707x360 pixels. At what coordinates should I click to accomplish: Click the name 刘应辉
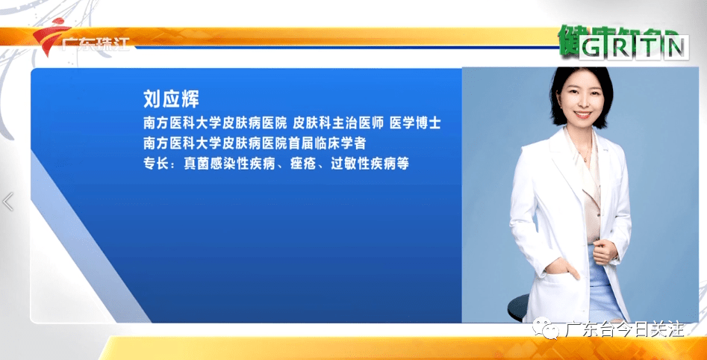172,100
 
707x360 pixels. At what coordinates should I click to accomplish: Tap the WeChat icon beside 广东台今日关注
554,329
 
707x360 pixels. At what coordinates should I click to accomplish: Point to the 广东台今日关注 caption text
625,329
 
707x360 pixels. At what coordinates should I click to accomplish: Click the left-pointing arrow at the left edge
8,202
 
